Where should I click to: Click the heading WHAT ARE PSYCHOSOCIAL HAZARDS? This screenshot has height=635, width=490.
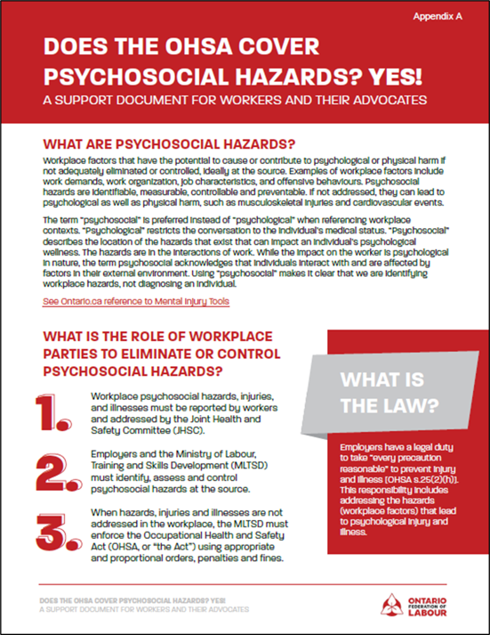(x=169, y=144)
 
